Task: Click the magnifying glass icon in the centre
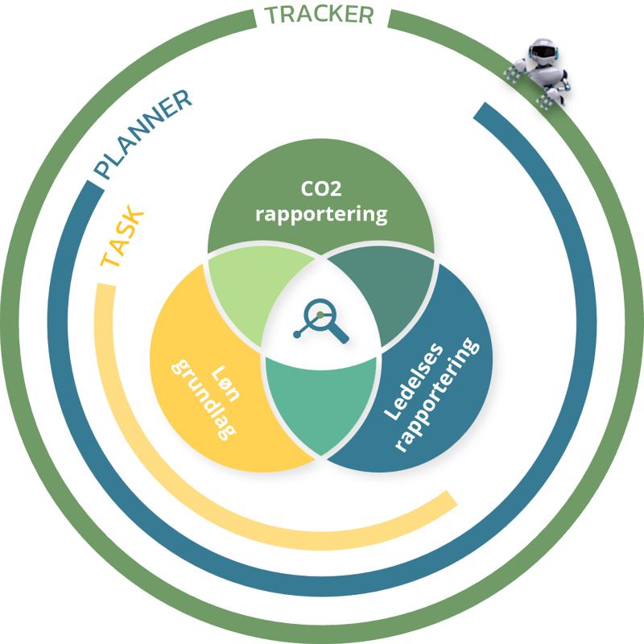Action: (321, 320)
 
